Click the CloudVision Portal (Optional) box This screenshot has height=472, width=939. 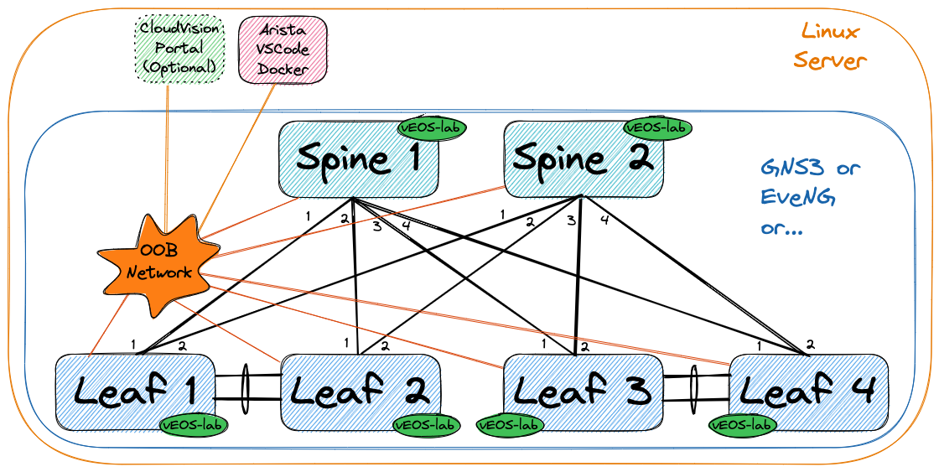179,48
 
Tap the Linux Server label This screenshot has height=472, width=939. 829,47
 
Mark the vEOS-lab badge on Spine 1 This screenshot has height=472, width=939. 432,128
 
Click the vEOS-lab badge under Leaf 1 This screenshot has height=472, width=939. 194,425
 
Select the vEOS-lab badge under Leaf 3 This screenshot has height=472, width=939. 509,425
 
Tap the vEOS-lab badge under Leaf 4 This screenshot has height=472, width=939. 743,425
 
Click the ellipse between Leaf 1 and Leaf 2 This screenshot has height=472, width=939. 246,389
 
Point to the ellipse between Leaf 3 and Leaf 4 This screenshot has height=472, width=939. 695,389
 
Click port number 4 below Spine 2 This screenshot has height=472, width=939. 604,220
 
